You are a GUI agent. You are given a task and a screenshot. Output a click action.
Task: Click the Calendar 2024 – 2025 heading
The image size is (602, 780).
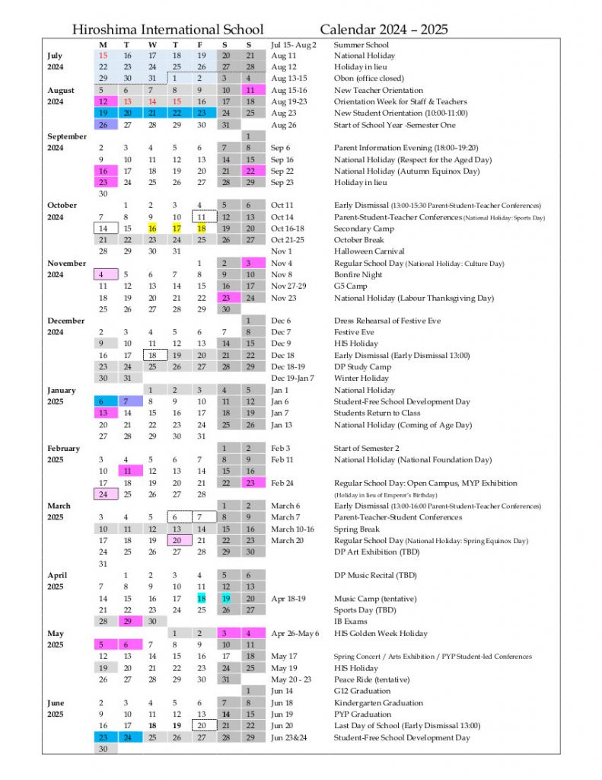384,30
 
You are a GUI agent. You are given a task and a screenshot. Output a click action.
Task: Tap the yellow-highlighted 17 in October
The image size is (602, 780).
177,229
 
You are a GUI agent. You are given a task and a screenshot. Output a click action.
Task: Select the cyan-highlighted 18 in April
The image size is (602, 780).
202,599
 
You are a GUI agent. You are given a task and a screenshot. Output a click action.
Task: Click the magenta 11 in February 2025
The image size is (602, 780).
127,472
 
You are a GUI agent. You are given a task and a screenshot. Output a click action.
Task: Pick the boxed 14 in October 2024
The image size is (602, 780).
103,229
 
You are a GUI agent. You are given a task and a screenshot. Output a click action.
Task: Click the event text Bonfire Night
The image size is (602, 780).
358,274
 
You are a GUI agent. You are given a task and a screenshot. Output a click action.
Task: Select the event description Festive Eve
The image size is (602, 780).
354,332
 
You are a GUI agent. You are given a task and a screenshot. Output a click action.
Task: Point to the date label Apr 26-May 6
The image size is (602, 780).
295,634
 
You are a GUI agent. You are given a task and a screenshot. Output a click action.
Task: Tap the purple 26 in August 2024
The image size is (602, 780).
103,125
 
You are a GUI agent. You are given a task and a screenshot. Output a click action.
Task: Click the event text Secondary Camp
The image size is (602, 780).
365,229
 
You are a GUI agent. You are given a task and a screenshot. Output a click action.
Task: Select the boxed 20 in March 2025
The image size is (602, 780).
177,541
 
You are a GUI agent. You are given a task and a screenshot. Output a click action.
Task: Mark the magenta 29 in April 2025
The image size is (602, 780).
127,622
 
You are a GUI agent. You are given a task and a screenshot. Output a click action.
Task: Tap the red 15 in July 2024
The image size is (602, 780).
103,56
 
